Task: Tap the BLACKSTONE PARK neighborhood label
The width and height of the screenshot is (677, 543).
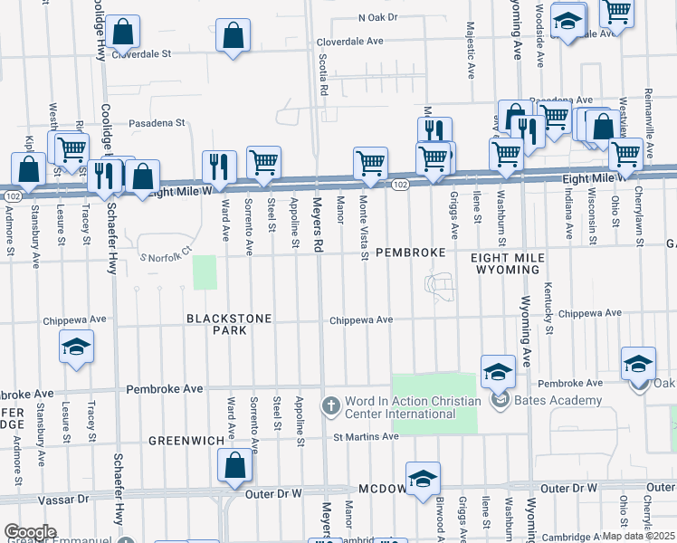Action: coord(217,324)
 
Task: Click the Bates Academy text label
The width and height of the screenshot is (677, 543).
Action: coord(558,400)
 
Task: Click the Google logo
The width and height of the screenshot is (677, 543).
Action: coord(29,532)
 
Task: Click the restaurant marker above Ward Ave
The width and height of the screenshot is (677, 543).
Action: coord(219,166)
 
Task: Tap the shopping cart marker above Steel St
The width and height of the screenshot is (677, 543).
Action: coord(263,162)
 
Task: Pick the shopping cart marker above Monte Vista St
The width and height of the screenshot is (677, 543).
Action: coord(370,163)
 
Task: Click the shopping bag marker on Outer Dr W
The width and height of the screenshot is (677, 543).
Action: coord(234,466)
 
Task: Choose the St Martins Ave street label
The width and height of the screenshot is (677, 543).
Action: coord(365,436)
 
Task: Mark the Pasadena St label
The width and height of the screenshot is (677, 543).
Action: coord(156,122)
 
